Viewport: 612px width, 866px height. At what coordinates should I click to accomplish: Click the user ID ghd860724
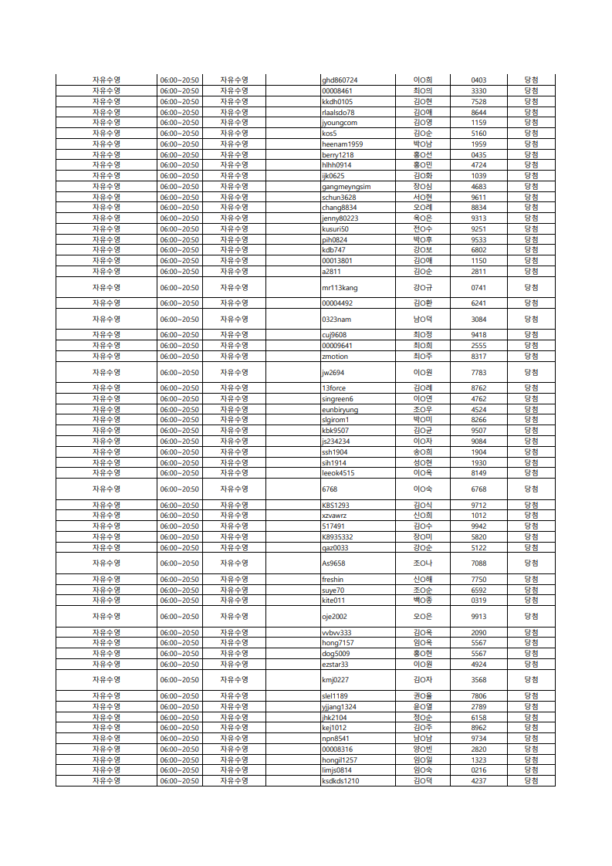[340, 80]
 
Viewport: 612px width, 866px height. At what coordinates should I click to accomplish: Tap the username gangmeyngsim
[346, 186]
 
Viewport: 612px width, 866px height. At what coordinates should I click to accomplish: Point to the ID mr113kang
[340, 288]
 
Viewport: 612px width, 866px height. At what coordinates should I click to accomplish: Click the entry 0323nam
[336, 320]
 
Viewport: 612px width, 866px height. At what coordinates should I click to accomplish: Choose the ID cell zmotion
[335, 357]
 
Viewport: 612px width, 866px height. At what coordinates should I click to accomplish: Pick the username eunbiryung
[340, 410]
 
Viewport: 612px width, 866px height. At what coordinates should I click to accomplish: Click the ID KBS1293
[336, 506]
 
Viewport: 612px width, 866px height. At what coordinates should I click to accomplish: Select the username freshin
[333, 580]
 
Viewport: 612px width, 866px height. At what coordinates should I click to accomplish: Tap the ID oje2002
[335, 617]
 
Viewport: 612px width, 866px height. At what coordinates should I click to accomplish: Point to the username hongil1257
[340, 759]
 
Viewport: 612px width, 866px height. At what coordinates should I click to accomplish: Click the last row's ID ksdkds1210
[340, 781]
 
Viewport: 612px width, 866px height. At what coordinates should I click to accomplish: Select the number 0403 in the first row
[478, 80]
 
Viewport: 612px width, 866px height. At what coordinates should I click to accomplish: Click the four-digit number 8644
[478, 112]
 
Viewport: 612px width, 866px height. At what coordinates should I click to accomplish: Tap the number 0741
[478, 288]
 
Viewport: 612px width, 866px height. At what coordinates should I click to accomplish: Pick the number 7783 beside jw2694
[478, 373]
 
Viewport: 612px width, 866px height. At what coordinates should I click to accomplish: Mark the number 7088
[478, 563]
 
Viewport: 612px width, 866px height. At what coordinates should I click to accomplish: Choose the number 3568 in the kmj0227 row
[478, 680]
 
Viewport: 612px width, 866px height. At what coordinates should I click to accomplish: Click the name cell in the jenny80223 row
[422, 218]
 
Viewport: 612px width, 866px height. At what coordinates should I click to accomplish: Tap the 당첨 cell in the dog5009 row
[531, 654]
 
